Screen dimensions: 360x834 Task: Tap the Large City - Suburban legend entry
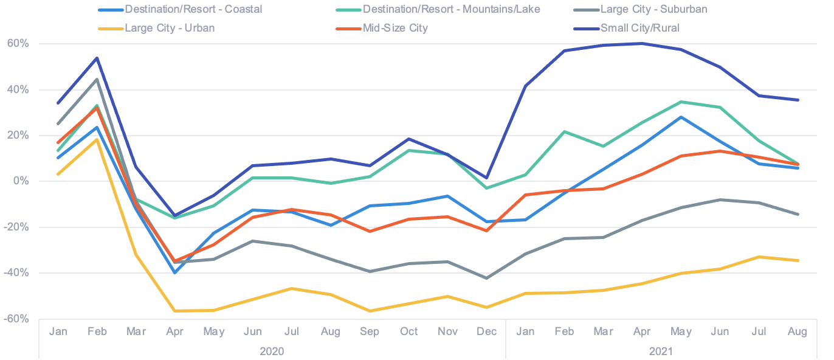pos(653,9)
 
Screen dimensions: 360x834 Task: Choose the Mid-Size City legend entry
pos(395,27)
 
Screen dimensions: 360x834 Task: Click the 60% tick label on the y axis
pos(18,44)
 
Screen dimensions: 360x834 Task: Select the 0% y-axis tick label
pos(21,181)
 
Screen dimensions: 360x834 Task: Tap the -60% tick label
pos(16,319)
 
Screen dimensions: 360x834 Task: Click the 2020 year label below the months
pos(272,351)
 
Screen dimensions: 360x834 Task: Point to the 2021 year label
pos(661,351)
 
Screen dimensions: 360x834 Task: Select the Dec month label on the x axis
pos(487,331)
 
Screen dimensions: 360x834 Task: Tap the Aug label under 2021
pos(797,331)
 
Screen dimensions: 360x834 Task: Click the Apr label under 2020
pos(175,331)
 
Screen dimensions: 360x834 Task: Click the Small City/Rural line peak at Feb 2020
pos(97,58)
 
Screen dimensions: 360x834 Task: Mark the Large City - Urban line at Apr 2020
pos(175,311)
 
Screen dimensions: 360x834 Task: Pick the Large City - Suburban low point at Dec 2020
pos(486,278)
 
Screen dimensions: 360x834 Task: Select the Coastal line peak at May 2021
pos(681,117)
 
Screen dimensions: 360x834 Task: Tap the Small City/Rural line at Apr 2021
pos(642,43)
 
